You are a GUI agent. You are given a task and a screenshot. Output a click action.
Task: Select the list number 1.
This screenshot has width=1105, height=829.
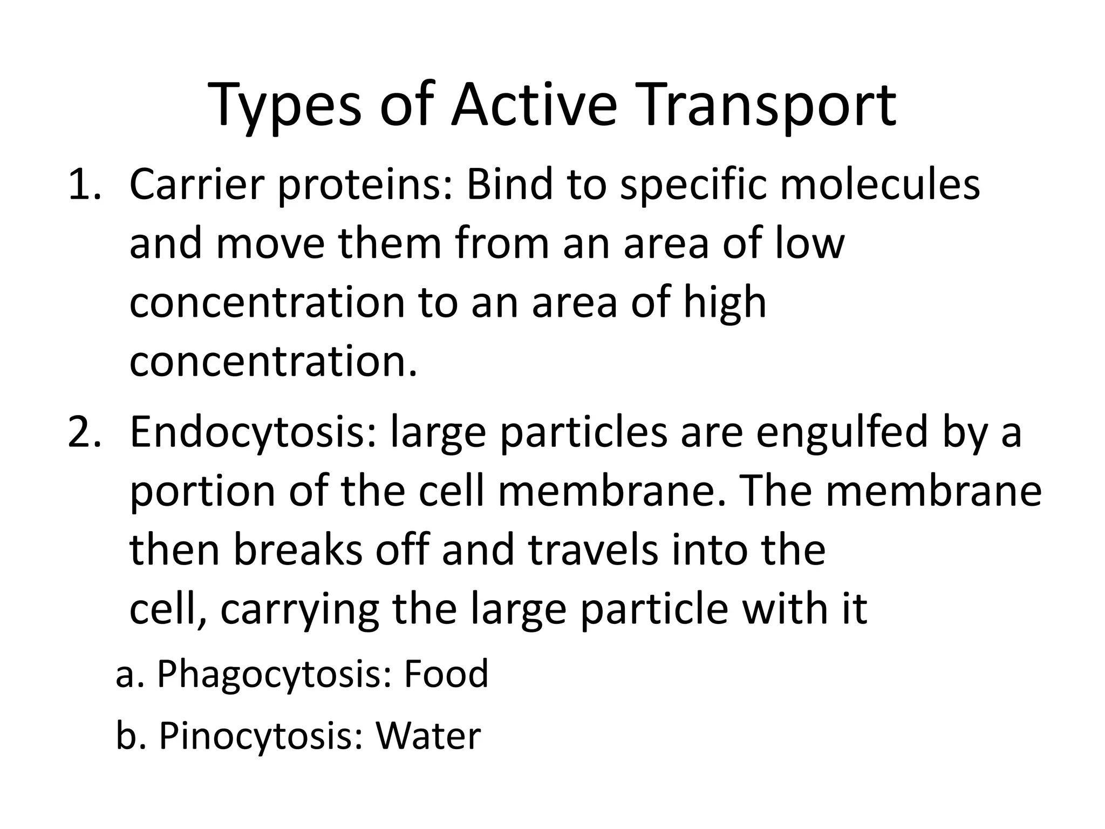click(84, 185)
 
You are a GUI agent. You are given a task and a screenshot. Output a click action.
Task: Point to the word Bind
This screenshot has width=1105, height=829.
click(510, 185)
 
